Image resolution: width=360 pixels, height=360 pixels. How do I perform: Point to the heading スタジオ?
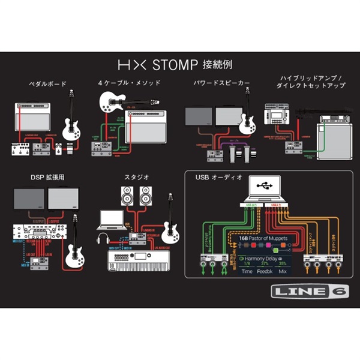[x=136, y=176]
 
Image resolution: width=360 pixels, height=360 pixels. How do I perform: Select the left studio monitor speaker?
[x=127, y=197]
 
